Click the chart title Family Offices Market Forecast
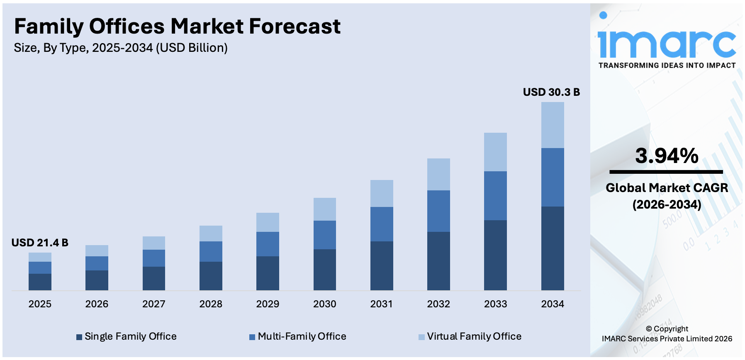pyautogui.click(x=177, y=26)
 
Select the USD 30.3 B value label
pyautogui.click(x=551, y=92)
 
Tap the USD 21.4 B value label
pyautogui.click(x=40, y=243)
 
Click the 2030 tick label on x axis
pyautogui.click(x=324, y=304)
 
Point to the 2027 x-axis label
pyautogui.click(x=153, y=304)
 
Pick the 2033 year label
pyautogui.click(x=495, y=304)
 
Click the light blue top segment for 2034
pyautogui.click(x=552, y=125)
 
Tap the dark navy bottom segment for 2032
pyautogui.click(x=438, y=261)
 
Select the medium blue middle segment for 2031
pyautogui.click(x=382, y=224)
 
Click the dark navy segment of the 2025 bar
pyautogui.click(x=40, y=282)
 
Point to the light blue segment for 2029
pyautogui.click(x=268, y=222)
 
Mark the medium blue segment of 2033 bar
pyautogui.click(x=495, y=196)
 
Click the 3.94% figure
pyautogui.click(x=667, y=156)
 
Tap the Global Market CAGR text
pyautogui.click(x=667, y=188)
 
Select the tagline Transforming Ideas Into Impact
pyautogui.click(x=667, y=66)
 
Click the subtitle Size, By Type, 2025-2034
pyautogui.click(x=121, y=48)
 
